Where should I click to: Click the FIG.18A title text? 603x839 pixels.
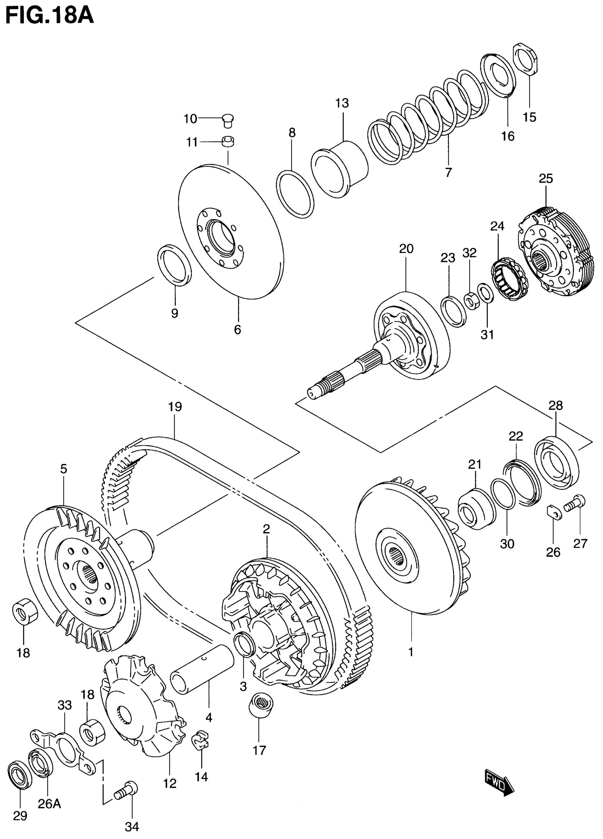point(50,17)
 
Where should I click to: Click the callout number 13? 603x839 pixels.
point(342,103)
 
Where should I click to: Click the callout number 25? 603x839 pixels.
point(545,179)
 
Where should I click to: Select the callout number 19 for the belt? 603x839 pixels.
point(175,407)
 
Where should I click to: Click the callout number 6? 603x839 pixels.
point(238,329)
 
